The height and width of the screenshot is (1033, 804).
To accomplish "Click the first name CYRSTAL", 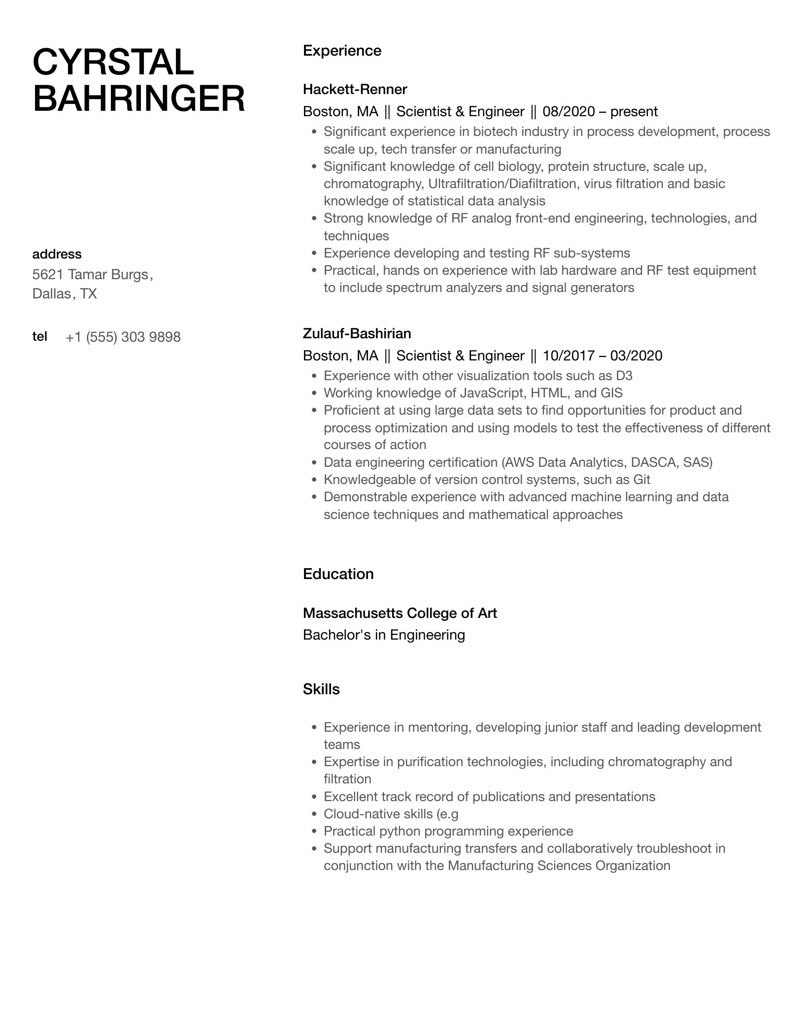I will click(x=113, y=62).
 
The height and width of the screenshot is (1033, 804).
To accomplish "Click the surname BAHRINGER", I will click(x=138, y=98).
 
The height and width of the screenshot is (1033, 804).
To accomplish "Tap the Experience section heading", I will click(x=342, y=51).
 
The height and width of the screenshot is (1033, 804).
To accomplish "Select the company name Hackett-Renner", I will click(x=355, y=89).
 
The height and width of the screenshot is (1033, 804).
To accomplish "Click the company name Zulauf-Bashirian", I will click(x=357, y=333).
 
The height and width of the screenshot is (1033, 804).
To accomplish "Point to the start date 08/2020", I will click(x=569, y=112).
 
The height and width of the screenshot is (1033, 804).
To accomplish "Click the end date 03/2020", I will click(x=636, y=355).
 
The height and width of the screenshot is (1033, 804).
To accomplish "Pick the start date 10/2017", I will click(x=569, y=355).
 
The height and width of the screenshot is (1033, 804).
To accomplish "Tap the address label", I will click(x=57, y=254).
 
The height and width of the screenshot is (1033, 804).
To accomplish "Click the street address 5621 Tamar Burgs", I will click(x=92, y=274).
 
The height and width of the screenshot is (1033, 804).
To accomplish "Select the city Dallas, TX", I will click(x=65, y=294).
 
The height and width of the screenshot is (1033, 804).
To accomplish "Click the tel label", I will click(x=39, y=336).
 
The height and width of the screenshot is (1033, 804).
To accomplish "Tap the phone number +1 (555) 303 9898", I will click(x=123, y=337).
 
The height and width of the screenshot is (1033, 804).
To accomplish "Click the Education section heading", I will click(x=338, y=574).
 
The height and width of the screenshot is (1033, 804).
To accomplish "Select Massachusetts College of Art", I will click(x=400, y=613).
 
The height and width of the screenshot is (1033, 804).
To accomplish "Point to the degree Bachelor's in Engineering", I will click(x=384, y=635).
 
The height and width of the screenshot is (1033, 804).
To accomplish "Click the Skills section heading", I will click(x=321, y=689).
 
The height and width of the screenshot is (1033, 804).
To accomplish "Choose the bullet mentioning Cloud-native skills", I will click(x=391, y=814).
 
